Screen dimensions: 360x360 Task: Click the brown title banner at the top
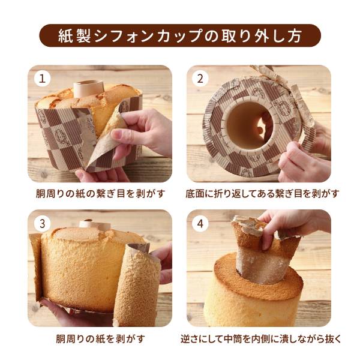(180, 35)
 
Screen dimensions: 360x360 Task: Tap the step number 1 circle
(42, 78)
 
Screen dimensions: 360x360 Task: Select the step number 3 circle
(42, 224)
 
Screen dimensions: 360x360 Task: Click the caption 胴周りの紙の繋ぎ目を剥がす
(100, 193)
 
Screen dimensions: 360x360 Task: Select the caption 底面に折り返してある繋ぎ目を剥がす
(259, 193)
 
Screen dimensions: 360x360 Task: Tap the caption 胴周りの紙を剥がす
(100, 338)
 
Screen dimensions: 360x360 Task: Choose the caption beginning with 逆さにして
(259, 338)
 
